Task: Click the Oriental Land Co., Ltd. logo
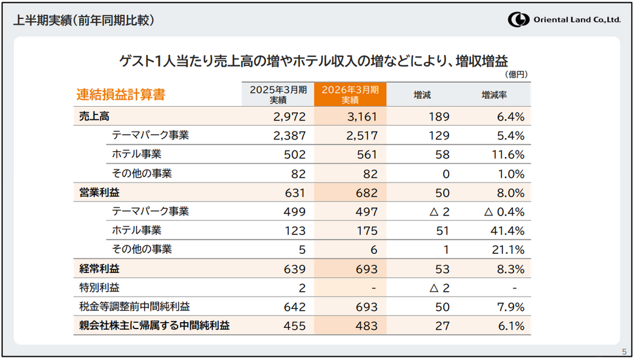564,20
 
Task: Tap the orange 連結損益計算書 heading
121,95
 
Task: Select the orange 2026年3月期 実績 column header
350,95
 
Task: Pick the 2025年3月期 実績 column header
278,95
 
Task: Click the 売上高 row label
94,117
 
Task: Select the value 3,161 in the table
361,117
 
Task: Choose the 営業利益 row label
99,193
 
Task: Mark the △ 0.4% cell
504,211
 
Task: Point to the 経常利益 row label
99,268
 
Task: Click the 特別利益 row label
99,287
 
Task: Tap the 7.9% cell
512,306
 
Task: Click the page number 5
624,351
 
